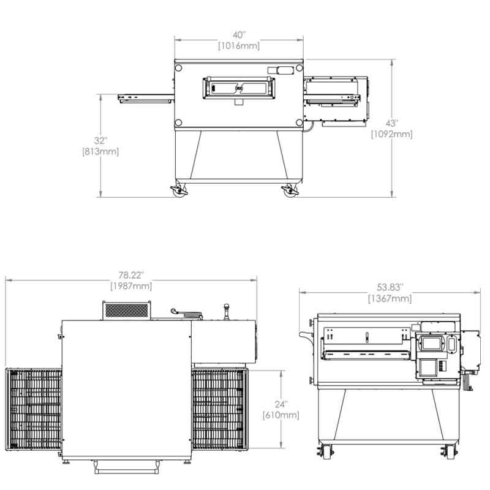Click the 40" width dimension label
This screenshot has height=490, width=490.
coord(239,35)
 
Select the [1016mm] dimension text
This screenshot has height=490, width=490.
coord(239,46)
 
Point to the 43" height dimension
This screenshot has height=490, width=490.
coord(391,123)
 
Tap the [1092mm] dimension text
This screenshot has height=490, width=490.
coord(392,134)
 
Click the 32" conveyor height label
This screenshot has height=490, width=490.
coord(100,141)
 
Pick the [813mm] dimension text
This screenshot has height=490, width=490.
coord(100,152)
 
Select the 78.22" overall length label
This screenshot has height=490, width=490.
coord(131,275)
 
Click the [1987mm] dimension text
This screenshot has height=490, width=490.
coord(131,286)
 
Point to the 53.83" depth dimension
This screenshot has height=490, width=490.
coord(390,287)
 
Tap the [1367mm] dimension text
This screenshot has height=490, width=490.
coord(390,299)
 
